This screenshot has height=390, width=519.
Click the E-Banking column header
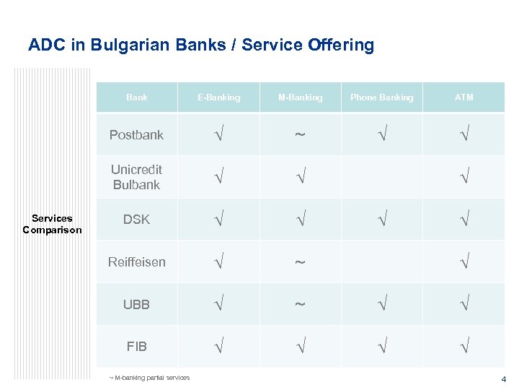click(x=219, y=97)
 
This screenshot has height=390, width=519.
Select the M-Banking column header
click(x=301, y=97)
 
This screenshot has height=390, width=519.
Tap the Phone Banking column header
click(x=382, y=97)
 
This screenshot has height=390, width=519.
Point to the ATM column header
click(x=464, y=97)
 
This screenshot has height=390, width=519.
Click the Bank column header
click(x=137, y=97)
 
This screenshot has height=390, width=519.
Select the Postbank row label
click(x=136, y=135)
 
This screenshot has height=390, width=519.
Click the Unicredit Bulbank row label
click(x=136, y=177)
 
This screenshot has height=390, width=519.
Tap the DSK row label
click(x=136, y=220)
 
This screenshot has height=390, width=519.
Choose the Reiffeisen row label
click(x=136, y=262)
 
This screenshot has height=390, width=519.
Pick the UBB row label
click(x=136, y=305)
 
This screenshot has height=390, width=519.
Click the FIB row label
click(x=136, y=347)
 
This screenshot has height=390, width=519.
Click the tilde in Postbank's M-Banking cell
click(x=300, y=136)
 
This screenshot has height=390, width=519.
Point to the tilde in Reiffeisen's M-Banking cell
click(x=300, y=263)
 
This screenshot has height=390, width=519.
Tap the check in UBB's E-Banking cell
click(x=218, y=305)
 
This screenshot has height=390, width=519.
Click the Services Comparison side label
click(x=52, y=224)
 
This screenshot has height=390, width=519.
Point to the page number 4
click(x=504, y=379)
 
